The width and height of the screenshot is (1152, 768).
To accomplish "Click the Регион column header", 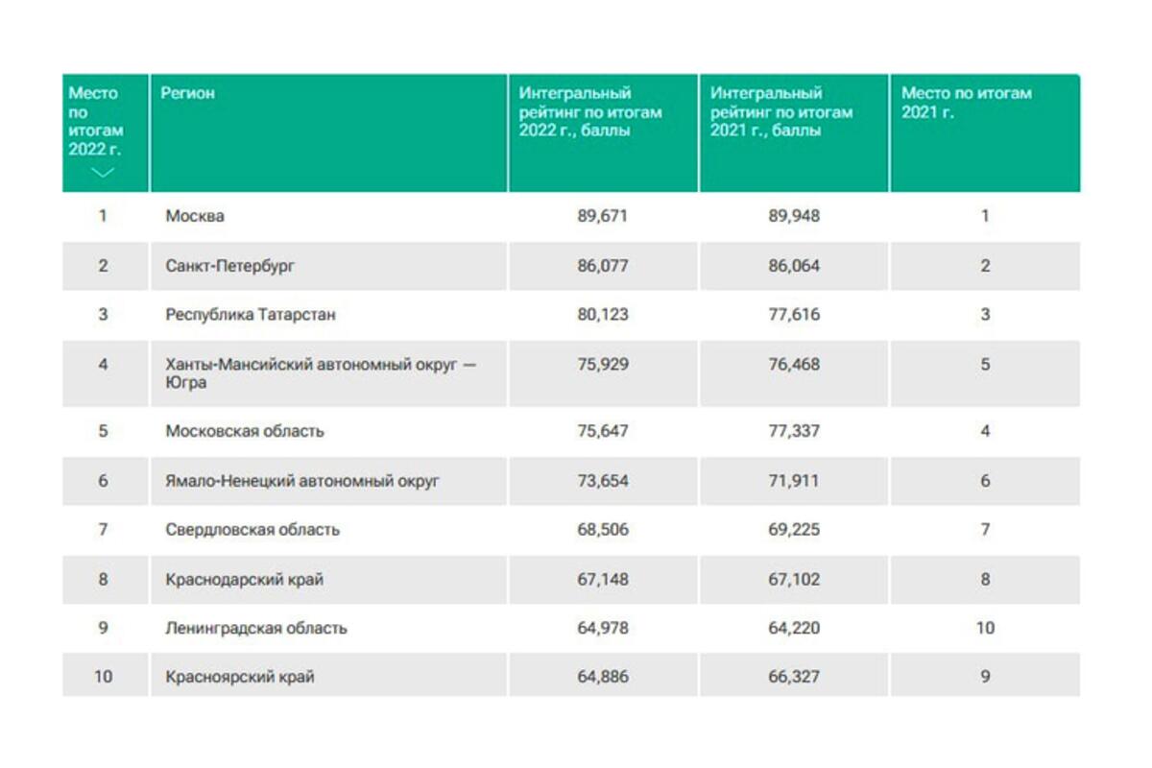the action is click(x=187, y=93).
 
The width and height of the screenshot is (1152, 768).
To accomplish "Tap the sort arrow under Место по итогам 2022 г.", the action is click(x=103, y=173).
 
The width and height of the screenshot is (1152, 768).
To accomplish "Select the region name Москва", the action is click(x=194, y=216).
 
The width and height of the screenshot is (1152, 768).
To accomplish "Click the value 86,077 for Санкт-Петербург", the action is click(x=602, y=266).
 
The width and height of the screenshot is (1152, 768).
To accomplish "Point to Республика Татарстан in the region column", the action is click(x=251, y=314).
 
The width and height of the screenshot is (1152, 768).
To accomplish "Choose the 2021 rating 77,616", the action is click(x=794, y=314).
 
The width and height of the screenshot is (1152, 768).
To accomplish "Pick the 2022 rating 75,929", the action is click(x=602, y=364).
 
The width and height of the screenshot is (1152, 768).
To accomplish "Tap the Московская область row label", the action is click(x=245, y=431).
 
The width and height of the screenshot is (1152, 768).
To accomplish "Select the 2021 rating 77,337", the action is click(x=794, y=431).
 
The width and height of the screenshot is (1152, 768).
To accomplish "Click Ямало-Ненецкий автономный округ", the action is click(x=302, y=481).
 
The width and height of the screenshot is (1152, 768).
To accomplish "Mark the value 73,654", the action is click(x=602, y=481).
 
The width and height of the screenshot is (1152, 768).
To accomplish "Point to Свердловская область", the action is click(x=252, y=529).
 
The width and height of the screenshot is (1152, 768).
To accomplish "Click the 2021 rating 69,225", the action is click(x=794, y=529).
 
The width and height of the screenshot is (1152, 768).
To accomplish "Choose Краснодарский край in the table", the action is click(x=244, y=580).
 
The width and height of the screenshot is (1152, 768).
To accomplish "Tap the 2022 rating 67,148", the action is click(x=602, y=579).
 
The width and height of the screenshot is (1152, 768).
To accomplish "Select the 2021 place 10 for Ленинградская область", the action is click(x=985, y=628).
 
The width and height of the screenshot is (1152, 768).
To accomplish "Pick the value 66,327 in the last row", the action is click(x=794, y=677).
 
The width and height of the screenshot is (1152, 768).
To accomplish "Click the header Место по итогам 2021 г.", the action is click(x=967, y=103).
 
